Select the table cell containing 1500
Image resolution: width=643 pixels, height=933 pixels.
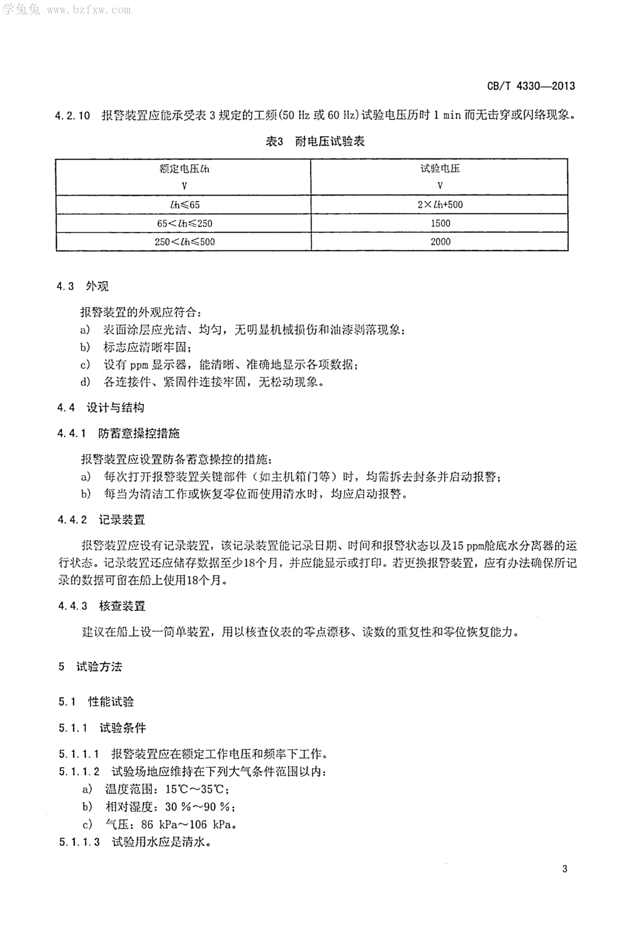[440, 223]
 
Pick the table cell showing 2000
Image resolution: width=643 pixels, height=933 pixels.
[440, 242]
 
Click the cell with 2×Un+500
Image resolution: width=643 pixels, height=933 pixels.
[440, 205]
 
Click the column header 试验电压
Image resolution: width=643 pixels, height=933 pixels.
[440, 169]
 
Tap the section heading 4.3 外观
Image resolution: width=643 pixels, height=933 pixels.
[83, 286]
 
